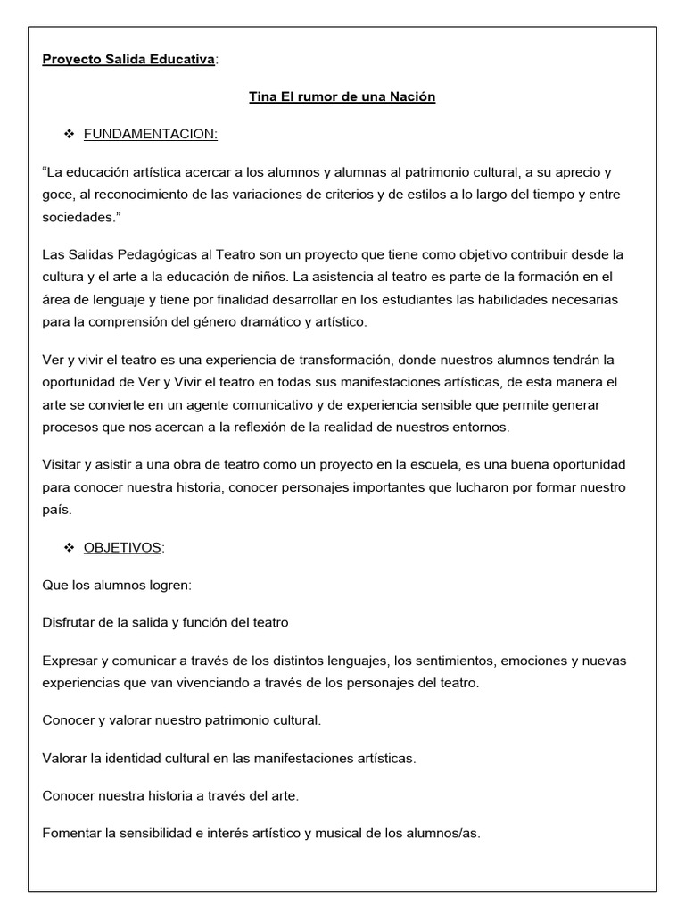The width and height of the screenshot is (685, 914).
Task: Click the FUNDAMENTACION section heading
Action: [x=150, y=134]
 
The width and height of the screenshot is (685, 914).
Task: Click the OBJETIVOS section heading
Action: [x=122, y=547]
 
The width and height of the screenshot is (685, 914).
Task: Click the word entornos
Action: [x=480, y=427]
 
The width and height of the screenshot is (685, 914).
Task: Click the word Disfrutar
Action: [x=71, y=622]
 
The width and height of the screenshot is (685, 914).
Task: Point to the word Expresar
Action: [x=70, y=661]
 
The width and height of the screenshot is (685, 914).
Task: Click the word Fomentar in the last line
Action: [x=72, y=834]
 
